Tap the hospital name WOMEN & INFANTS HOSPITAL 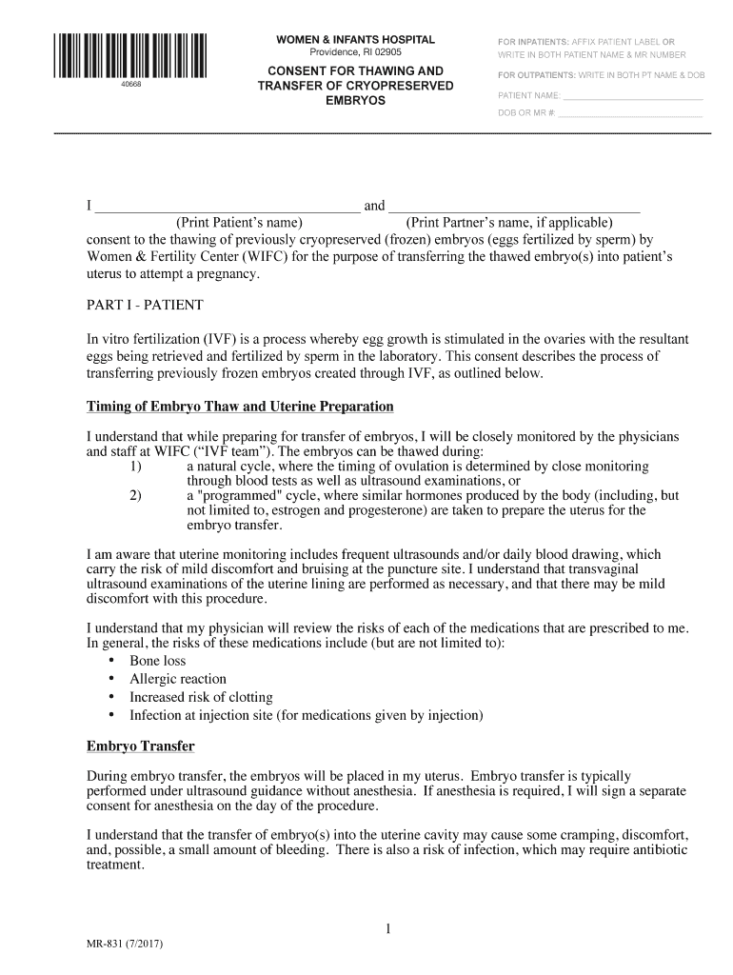click(355, 40)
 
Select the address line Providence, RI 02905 click(355, 53)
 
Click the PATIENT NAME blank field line click(633, 98)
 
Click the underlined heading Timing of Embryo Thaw click(240, 407)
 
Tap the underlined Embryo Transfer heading click(141, 746)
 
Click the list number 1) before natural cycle click(135, 468)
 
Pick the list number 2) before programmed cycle click(135, 496)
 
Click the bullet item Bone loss click(158, 661)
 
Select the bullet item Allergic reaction click(178, 679)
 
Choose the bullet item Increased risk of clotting click(201, 697)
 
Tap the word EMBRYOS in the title click(355, 101)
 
